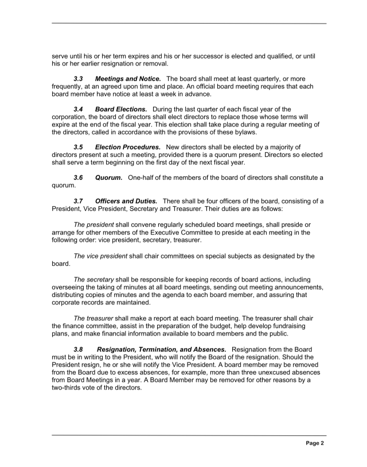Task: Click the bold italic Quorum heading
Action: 108,178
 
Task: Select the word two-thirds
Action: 72,388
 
